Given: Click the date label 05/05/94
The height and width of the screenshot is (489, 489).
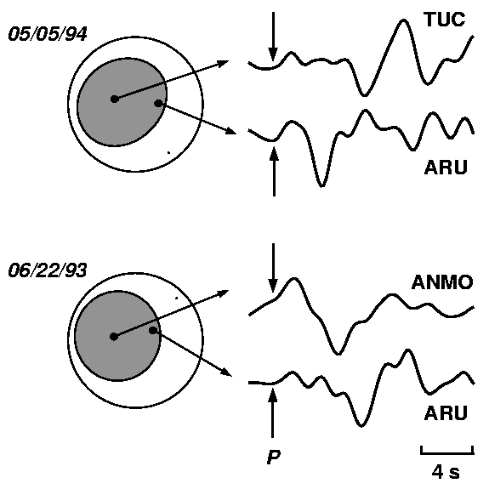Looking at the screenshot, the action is point(48,34).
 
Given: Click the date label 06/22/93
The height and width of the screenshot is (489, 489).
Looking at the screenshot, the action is point(48,270).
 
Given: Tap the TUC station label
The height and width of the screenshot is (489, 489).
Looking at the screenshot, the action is point(445,20).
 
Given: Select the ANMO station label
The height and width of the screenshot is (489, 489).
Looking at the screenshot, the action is point(442,282).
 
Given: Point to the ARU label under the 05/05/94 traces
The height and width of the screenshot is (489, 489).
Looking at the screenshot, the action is point(446,168).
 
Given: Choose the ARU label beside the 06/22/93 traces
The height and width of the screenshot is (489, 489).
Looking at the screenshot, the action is point(446,413).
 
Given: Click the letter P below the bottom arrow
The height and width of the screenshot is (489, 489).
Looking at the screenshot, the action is point(274,457).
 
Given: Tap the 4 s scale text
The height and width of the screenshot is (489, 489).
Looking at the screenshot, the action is point(446,472).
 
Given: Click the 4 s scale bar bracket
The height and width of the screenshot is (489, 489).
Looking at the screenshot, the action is point(446,452).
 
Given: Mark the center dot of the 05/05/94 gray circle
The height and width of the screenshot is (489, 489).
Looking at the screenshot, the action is point(115,100).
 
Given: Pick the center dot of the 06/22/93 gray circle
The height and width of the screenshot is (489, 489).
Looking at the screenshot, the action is point(114,337).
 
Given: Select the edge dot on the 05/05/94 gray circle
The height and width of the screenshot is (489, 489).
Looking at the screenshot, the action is point(158,103).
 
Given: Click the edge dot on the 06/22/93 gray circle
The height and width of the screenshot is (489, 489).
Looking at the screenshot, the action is point(153,330).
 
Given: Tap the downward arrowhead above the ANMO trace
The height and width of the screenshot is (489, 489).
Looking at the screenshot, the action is point(273,286).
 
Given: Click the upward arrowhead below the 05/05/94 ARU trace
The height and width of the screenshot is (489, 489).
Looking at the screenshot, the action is point(274,154).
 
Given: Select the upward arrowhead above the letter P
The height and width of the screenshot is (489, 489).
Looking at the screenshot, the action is point(273,395).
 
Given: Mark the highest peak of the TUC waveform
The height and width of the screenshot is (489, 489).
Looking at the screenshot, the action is point(404,20).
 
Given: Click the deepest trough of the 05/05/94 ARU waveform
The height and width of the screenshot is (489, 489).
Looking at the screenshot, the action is point(322,185).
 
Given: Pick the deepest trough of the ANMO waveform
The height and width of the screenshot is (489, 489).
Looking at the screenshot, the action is point(338,353).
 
